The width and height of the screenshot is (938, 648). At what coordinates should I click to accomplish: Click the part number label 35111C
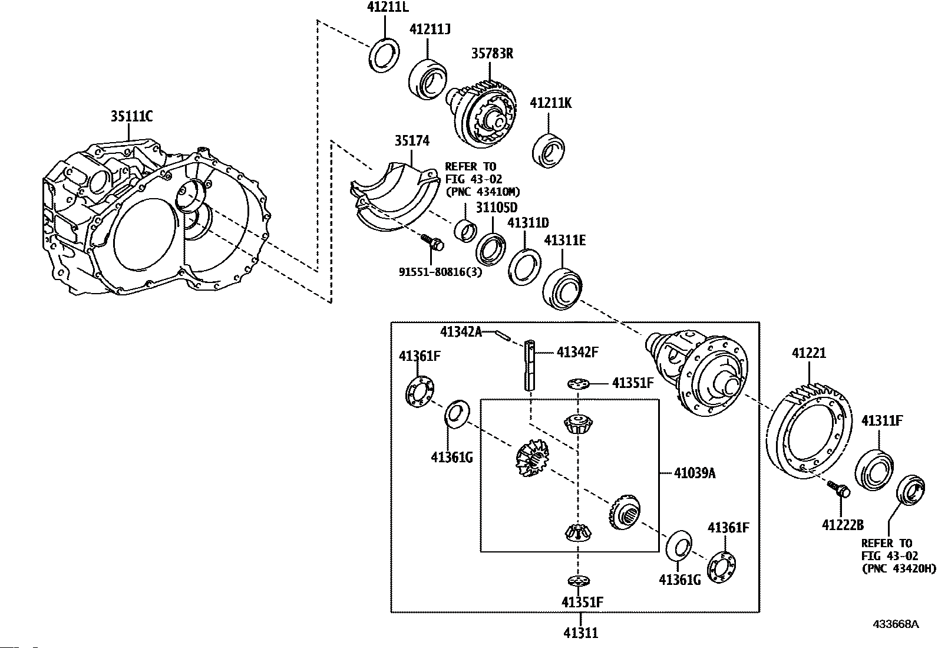tap(131, 116)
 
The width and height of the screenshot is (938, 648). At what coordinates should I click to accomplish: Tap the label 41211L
tap(388, 7)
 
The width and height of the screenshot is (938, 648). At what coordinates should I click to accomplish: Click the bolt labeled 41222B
tap(838, 489)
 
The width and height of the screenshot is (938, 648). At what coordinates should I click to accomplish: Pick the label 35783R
tap(492, 54)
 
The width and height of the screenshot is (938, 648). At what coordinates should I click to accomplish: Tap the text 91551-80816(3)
tap(440, 272)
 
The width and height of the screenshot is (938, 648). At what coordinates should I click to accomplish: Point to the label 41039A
tap(695, 473)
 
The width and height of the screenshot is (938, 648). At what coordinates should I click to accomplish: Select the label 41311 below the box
tap(580, 633)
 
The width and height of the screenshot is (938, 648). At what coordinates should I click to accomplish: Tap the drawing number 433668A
tap(896, 624)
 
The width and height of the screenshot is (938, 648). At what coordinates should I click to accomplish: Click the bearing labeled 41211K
tap(548, 150)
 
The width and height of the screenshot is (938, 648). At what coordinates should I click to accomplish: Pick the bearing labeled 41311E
tap(562, 289)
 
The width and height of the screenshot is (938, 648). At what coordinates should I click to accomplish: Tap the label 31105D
tap(497, 208)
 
